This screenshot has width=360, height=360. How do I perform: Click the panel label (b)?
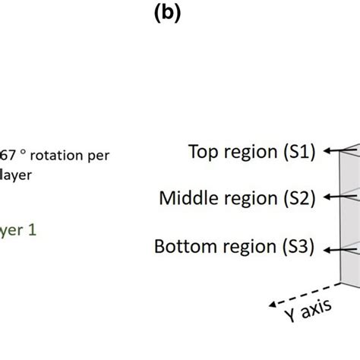coord(165,15)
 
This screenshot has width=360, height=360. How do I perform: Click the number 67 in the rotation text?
coord(8,155)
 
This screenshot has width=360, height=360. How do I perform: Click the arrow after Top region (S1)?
coord(333,150)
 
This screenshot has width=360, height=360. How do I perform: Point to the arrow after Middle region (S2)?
coord(333,198)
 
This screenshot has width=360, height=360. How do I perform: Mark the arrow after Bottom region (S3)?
coord(333,247)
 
